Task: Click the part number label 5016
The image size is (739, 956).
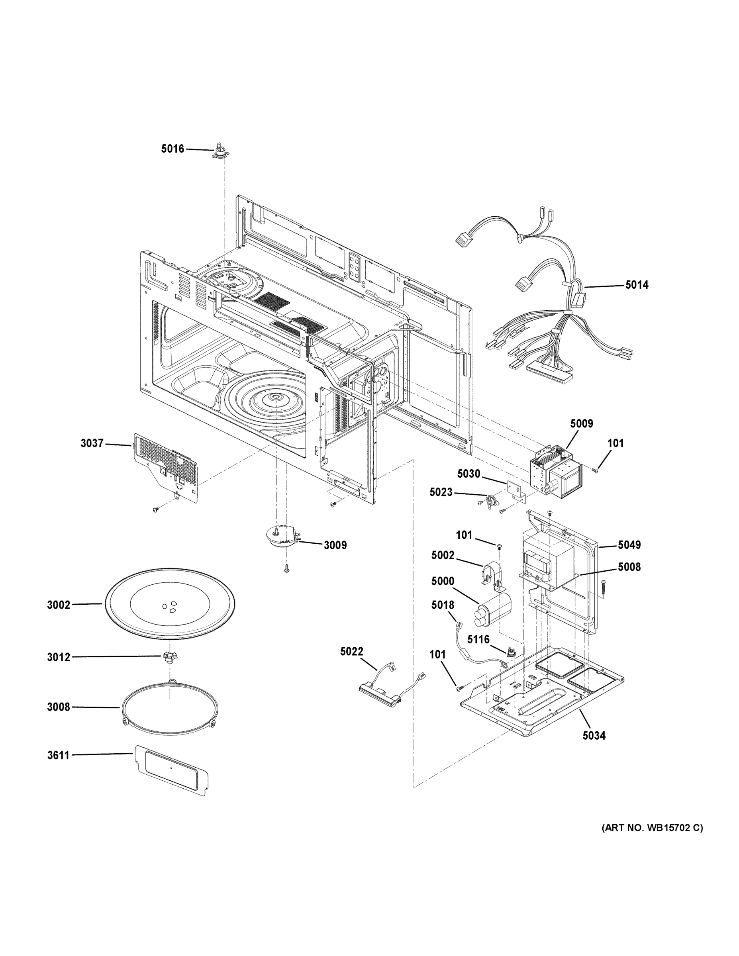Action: point(172,149)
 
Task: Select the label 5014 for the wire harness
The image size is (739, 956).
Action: point(637,285)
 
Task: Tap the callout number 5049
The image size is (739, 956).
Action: point(629,545)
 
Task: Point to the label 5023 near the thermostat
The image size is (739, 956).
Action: point(441,492)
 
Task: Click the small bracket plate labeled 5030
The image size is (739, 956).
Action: point(517,490)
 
